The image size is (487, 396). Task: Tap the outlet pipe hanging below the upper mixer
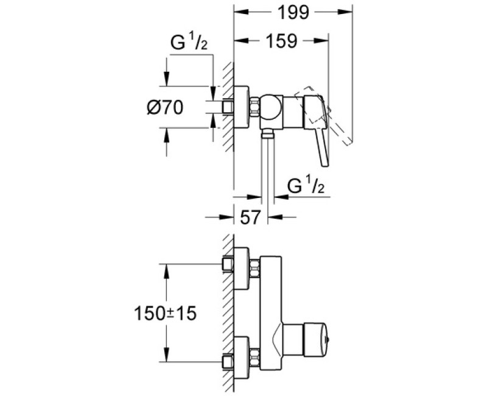pyautogui.click(x=267, y=164)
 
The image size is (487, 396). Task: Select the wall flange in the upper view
pyautogui.click(x=242, y=108)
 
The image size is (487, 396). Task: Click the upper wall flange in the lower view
pyautogui.click(x=242, y=266)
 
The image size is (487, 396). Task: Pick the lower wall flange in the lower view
pyautogui.click(x=242, y=356)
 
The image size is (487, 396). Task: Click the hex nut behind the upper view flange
pyautogui.click(x=254, y=108)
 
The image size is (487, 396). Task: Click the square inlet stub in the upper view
pyautogui.click(x=229, y=108)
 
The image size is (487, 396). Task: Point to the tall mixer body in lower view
pyautogui.click(x=270, y=305)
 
